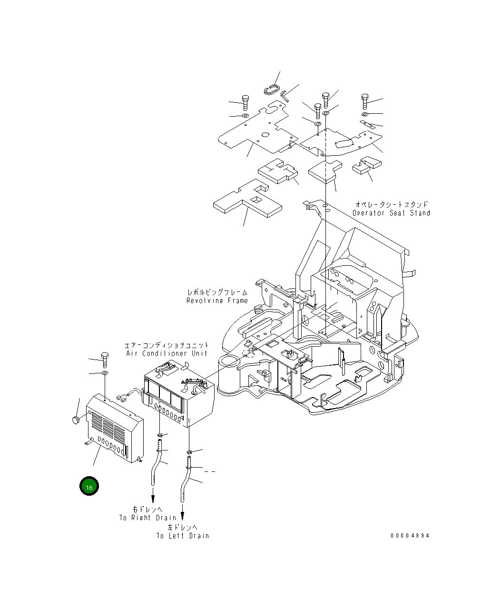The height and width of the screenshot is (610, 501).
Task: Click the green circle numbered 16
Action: pos(89,486)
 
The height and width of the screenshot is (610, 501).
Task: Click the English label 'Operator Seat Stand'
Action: pos(391,213)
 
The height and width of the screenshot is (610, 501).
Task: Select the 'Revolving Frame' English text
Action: pos(217,300)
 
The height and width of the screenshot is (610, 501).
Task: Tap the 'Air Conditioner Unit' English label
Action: pos(167,353)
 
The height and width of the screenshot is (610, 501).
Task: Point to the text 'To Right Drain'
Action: pos(147,518)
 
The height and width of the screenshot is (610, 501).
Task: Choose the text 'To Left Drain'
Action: pos(183,536)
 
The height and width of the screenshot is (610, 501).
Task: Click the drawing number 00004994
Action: pos(410,536)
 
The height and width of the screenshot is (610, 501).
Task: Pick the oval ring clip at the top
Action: pos(272,89)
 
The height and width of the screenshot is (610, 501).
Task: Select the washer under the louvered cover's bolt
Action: pos(105,372)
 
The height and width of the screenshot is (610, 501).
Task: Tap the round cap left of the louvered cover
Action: pos(74,420)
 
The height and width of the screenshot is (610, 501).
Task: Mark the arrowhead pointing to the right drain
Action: pos(153,498)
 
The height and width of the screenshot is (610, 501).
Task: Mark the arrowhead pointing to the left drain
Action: pos(183,515)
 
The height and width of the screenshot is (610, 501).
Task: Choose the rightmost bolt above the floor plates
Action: pos(365,100)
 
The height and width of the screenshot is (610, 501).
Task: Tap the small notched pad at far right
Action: pos(367,165)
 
